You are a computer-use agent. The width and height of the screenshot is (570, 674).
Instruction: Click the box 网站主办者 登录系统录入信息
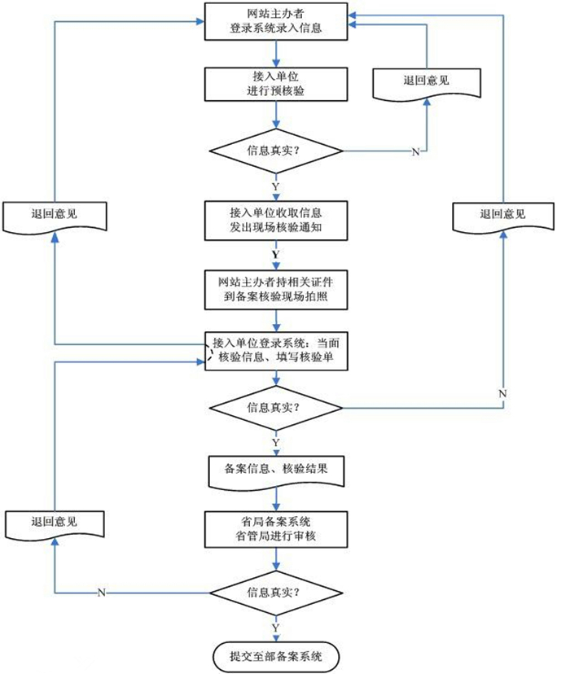276,21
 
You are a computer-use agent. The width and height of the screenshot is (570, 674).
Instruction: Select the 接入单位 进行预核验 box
276,84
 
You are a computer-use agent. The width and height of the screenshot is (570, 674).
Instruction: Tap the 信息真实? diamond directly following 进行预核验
276,151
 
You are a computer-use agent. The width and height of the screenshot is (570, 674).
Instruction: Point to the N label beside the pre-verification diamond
414,153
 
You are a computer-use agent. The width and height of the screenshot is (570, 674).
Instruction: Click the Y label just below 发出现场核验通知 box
275,254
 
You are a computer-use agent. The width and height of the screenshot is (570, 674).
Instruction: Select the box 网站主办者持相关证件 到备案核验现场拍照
276,289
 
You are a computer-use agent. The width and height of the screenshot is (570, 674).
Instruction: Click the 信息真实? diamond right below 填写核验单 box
276,406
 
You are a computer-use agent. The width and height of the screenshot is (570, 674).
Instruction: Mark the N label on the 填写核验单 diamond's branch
502,393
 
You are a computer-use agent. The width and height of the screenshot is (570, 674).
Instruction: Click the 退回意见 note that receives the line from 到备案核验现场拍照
55,216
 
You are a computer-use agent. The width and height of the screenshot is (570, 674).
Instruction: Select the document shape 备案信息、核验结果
276,471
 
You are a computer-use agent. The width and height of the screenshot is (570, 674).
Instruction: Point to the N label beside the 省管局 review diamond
101,592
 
